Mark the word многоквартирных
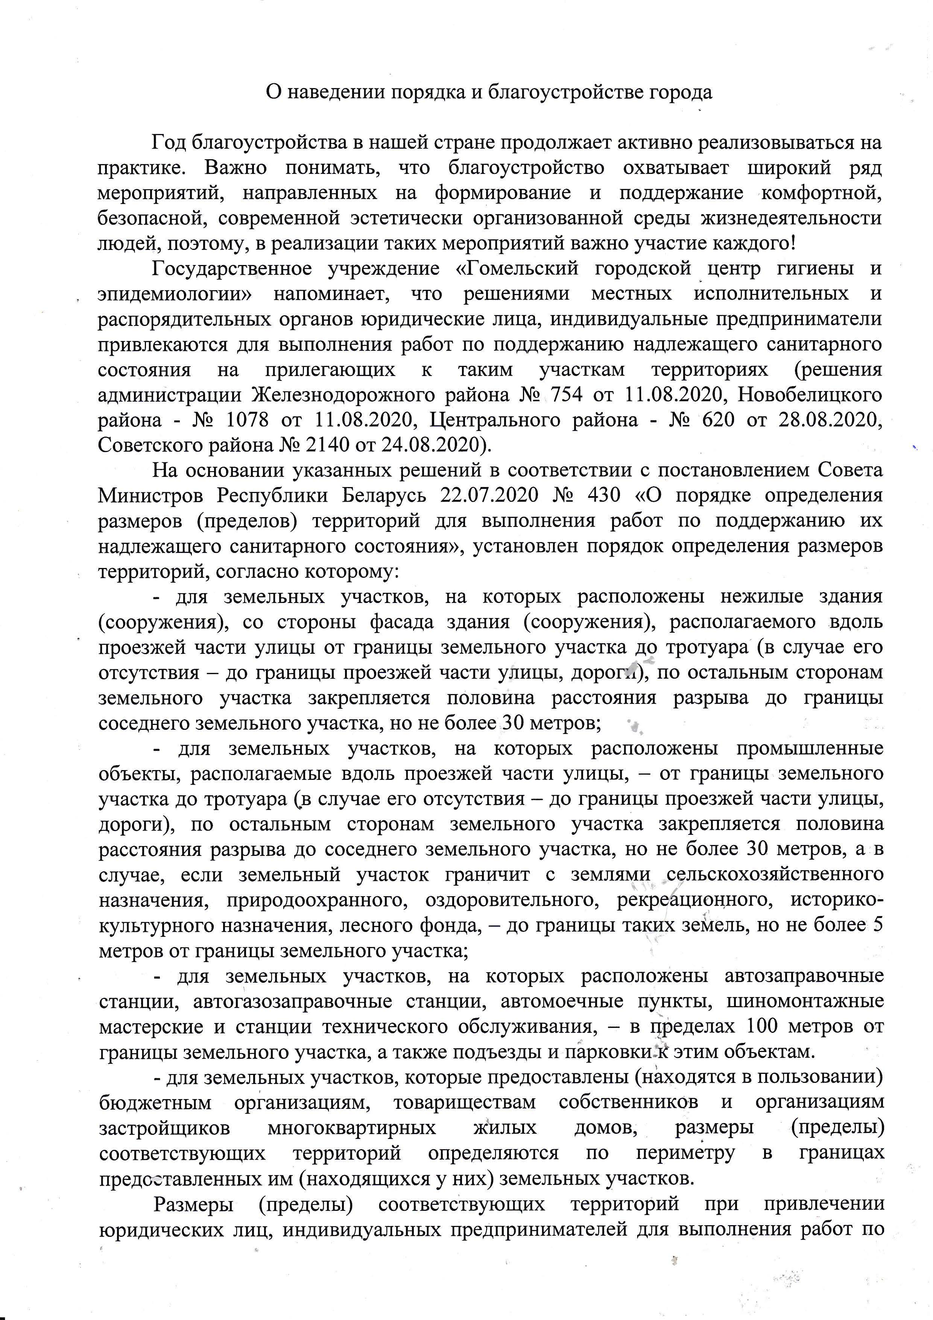pyautogui.click(x=352, y=1127)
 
